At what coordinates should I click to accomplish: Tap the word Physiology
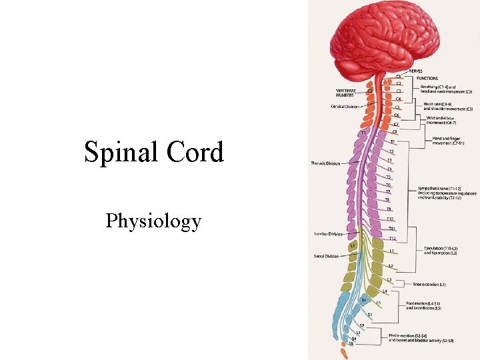[x=153, y=221]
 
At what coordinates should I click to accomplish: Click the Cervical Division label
[x=345, y=107]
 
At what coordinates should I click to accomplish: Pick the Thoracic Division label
[x=325, y=163]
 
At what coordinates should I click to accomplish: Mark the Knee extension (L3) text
[x=429, y=285]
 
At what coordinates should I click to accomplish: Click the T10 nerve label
[x=390, y=219]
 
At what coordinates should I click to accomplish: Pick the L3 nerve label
[x=389, y=279]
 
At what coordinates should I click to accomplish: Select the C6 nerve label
[x=396, y=115]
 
